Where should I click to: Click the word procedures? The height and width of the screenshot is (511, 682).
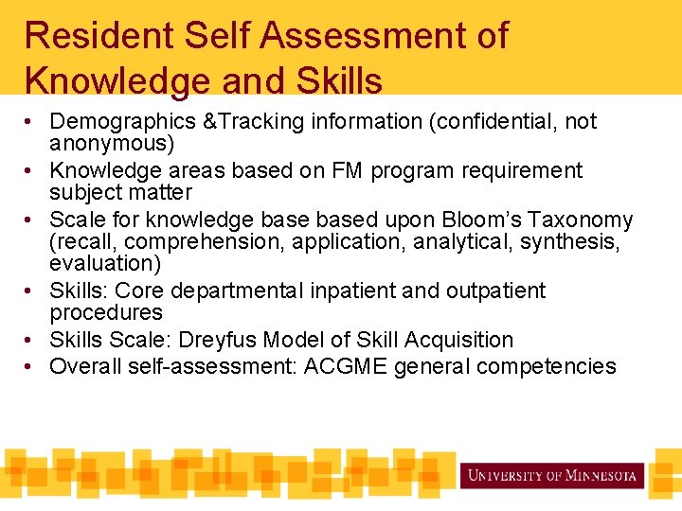point(106,312)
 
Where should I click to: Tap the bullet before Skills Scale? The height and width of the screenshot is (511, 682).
point(32,340)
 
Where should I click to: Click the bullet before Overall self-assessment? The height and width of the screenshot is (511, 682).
point(32,366)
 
